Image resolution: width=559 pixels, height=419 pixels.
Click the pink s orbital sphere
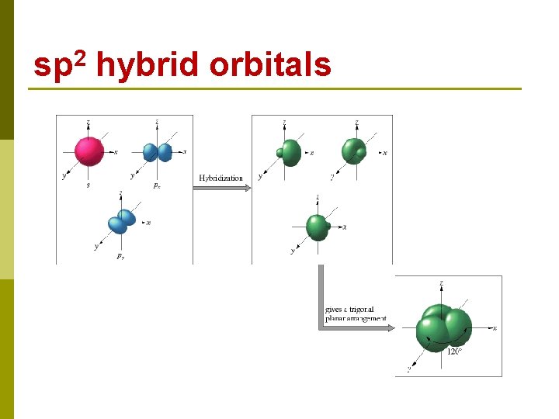click(x=89, y=151)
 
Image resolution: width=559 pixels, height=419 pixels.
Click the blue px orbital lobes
click(x=158, y=152)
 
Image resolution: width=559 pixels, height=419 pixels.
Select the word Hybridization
click(x=220, y=178)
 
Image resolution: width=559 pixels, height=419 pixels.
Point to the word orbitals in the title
click(x=271, y=67)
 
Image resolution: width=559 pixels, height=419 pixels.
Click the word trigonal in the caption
click(x=362, y=310)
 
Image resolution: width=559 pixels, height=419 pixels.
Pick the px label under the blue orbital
click(x=157, y=186)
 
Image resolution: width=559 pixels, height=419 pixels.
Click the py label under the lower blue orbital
click(x=120, y=256)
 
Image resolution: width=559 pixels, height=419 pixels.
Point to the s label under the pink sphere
click(x=88, y=185)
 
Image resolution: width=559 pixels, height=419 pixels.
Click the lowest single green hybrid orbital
click(x=318, y=227)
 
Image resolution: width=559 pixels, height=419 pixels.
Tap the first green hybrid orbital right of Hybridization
click(x=289, y=151)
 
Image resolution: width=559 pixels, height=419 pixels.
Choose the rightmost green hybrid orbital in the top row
click(x=354, y=151)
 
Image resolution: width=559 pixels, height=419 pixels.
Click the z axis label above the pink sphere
click(x=89, y=122)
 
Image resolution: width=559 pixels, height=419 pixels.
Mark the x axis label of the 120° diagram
click(x=495, y=328)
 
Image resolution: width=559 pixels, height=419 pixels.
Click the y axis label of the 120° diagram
click(x=409, y=369)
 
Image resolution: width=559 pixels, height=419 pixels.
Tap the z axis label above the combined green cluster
click(x=442, y=283)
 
